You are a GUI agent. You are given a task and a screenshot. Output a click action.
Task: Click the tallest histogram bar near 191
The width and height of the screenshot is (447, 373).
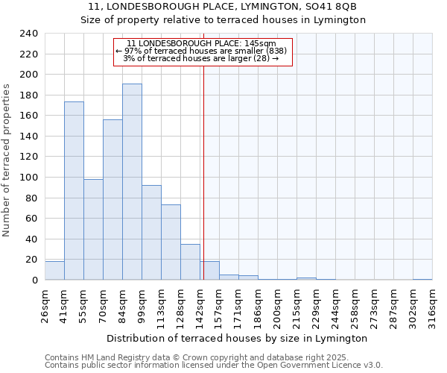click(x=132, y=182)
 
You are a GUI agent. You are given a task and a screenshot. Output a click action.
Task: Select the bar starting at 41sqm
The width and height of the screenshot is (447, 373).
click(x=74, y=191)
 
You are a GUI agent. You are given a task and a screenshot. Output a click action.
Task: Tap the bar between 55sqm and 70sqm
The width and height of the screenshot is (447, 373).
click(x=93, y=230)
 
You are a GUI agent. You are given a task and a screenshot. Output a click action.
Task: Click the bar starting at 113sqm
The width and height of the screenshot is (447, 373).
click(x=171, y=242)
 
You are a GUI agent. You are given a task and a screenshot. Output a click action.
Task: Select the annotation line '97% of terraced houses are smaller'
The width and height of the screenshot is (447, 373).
click(x=202, y=51)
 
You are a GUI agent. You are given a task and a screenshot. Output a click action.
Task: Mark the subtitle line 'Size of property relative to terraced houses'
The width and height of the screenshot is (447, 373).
click(x=223, y=20)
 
